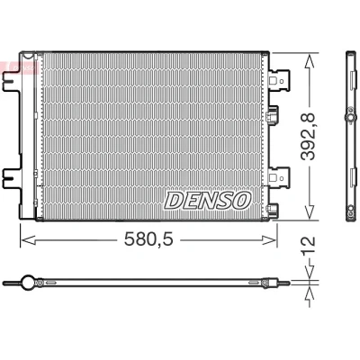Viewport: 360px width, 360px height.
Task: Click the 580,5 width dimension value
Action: [148, 239]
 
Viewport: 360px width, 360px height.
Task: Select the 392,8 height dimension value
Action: [309, 137]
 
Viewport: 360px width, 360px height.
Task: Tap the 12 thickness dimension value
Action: [309, 246]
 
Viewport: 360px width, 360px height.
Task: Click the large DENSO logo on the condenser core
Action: [207, 201]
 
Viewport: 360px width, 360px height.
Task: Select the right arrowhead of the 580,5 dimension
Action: [269, 240]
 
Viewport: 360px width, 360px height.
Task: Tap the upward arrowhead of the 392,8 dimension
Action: [310, 61]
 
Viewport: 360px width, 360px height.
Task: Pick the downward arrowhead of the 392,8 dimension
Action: [310, 211]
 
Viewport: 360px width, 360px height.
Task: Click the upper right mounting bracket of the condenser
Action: [279, 80]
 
